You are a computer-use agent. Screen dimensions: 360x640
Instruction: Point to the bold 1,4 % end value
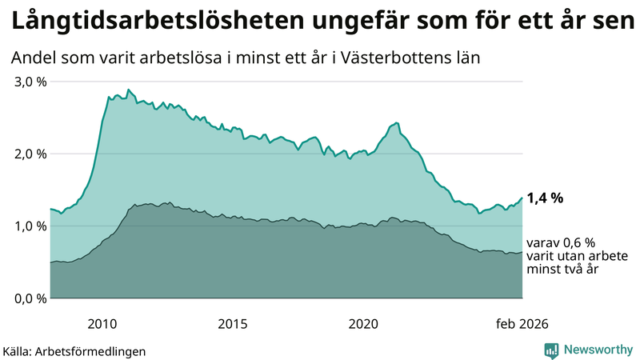[x=545, y=198]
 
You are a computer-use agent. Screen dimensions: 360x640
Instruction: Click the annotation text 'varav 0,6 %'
[x=559, y=242]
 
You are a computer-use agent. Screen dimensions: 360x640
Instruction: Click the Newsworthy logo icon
[x=551, y=350]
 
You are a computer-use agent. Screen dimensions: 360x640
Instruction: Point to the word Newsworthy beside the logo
[x=598, y=350]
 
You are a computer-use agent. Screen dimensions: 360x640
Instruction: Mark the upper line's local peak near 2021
[x=396, y=122]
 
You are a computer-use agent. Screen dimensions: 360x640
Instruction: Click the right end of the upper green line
[x=522, y=198]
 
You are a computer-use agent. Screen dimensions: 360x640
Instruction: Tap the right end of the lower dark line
[x=522, y=253]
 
